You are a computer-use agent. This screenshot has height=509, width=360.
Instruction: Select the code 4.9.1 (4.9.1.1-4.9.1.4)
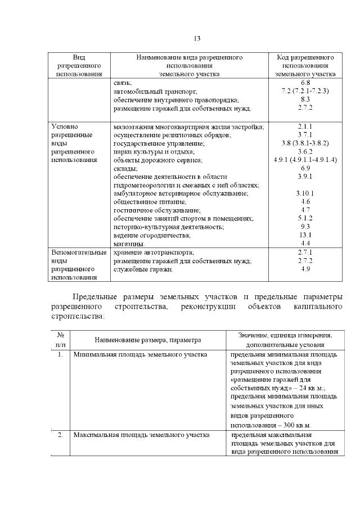tap(305, 160)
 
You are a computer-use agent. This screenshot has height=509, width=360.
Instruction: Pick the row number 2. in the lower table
tap(60, 435)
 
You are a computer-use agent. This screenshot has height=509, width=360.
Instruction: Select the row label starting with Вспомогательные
tap(78, 253)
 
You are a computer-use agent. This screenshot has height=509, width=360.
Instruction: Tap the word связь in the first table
tap(122, 83)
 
